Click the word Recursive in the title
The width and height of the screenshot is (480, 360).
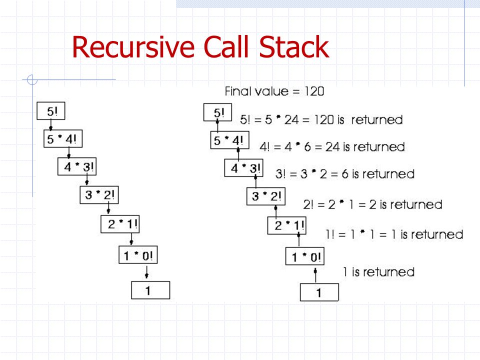click(x=132, y=48)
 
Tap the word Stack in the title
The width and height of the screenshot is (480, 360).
click(x=294, y=47)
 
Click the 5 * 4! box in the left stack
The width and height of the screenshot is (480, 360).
click(x=62, y=139)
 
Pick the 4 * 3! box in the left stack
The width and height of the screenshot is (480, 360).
click(x=76, y=167)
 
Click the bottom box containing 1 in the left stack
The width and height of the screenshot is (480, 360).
click(x=150, y=290)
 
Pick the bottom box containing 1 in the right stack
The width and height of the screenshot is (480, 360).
click(x=319, y=292)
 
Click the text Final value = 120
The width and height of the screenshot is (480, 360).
click(x=274, y=91)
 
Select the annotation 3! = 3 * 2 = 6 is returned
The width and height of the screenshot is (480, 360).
click(x=345, y=174)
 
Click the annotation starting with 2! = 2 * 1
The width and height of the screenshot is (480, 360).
click(x=372, y=204)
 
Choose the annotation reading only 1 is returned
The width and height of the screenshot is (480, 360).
click(x=378, y=272)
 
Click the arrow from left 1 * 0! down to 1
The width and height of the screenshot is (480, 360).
click(x=146, y=272)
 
